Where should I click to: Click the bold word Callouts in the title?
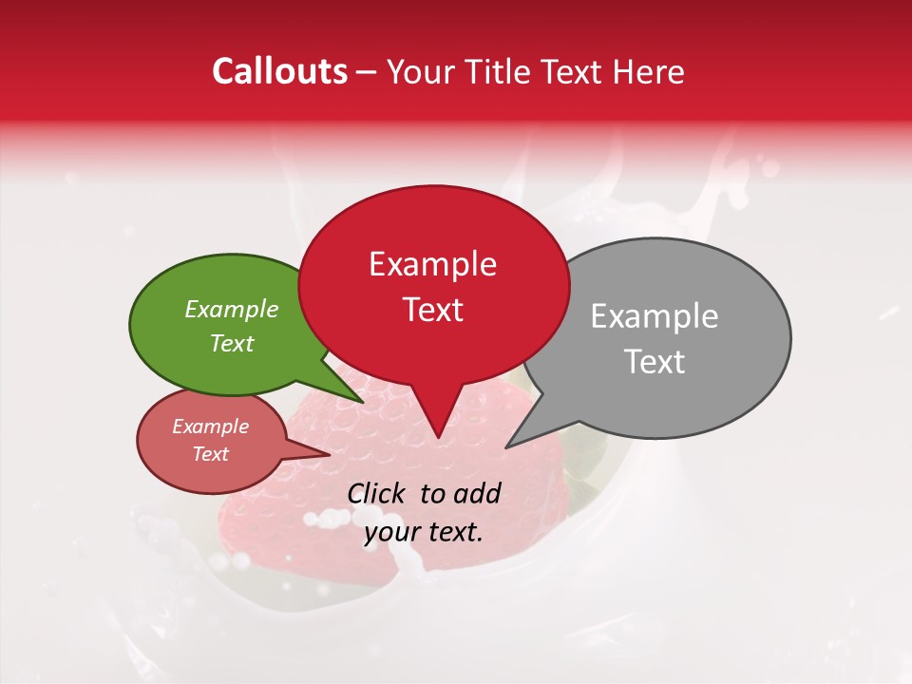pyautogui.click(x=280, y=71)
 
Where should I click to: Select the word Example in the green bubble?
pyautogui.click(x=232, y=310)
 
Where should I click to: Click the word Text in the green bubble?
pyautogui.click(x=232, y=343)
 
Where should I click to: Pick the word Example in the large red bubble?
pyautogui.click(x=432, y=264)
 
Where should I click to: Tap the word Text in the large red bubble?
pyautogui.click(x=432, y=310)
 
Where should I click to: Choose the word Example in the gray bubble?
pyautogui.click(x=655, y=316)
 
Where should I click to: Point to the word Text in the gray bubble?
pyautogui.click(x=655, y=361)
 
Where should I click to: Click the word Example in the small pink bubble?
pyautogui.click(x=211, y=427)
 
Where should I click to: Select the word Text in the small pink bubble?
pyautogui.click(x=211, y=454)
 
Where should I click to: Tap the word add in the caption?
pyautogui.click(x=478, y=493)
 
